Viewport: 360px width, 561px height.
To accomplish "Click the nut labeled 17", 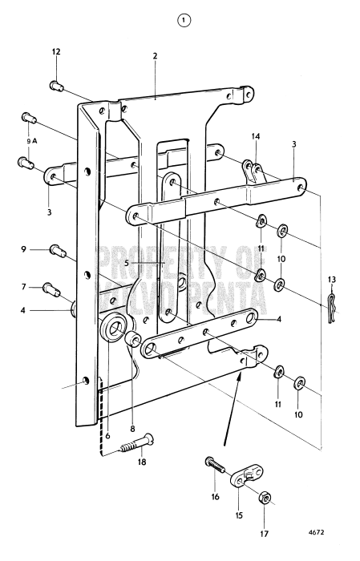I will [x=264, y=499].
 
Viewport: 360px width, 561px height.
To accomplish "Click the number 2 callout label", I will [x=155, y=56].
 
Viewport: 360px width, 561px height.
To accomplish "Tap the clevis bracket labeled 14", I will [x=255, y=171].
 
